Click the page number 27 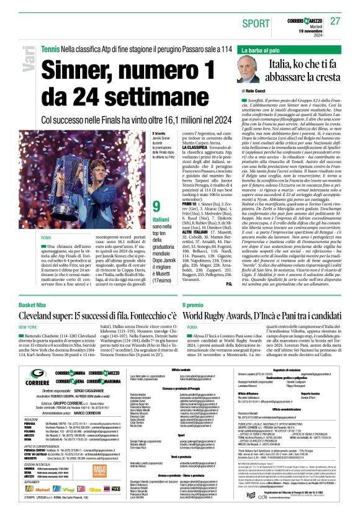click(x=336, y=21)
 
